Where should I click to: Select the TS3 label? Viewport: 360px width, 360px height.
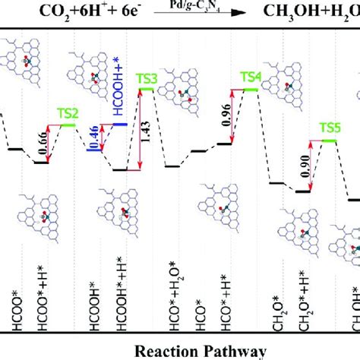tap(147, 78)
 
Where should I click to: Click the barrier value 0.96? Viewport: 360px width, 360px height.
tap(226, 115)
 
